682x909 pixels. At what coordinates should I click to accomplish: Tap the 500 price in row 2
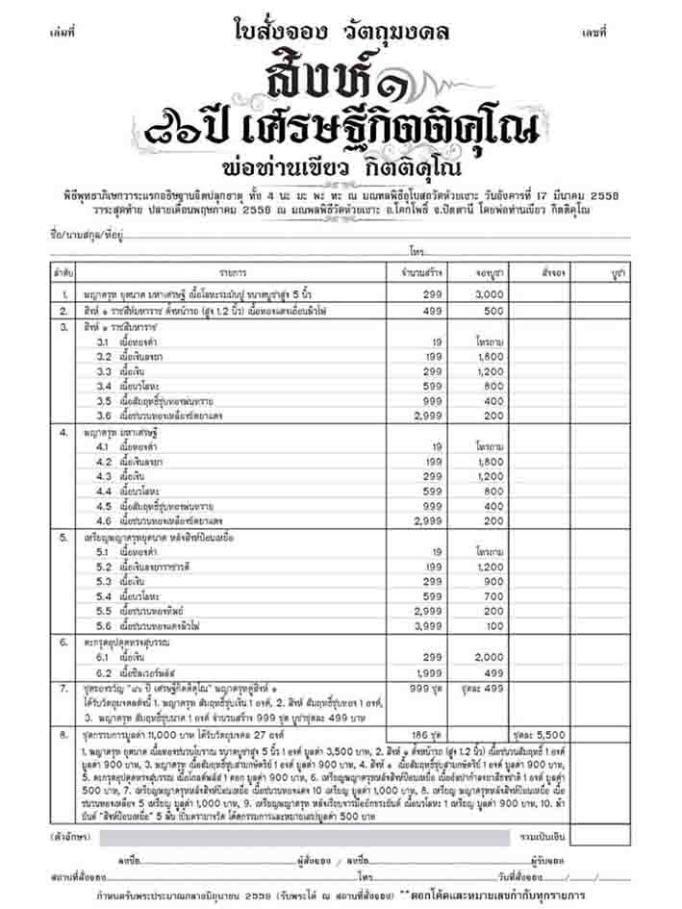493,312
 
